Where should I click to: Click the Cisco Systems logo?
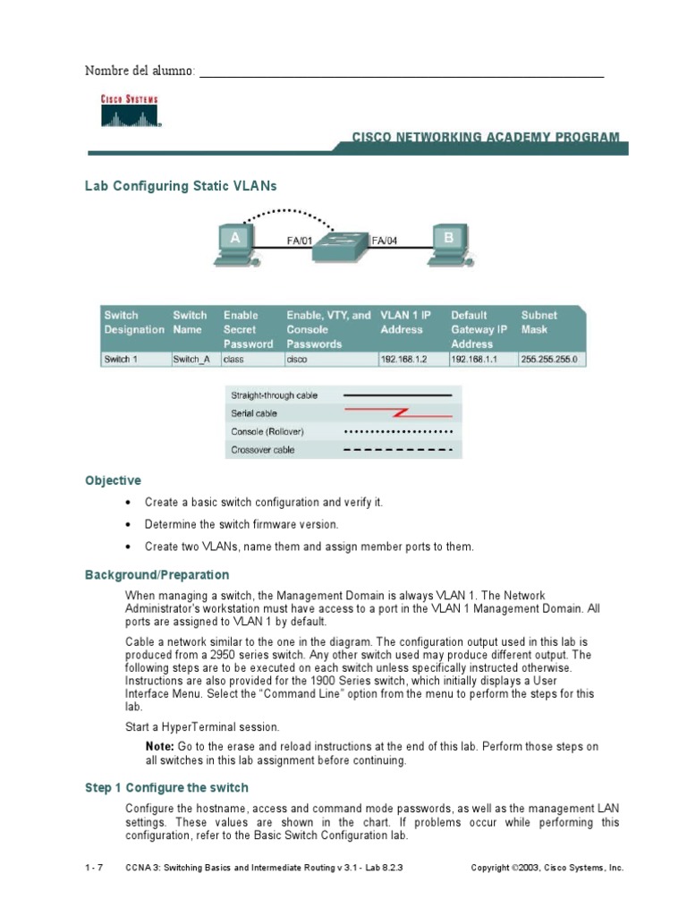[x=129, y=112]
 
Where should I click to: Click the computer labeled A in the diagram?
[x=234, y=244]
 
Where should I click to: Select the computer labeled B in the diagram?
[x=448, y=244]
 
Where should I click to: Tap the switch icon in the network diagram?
[x=340, y=242]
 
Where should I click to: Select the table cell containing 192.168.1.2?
[x=403, y=360]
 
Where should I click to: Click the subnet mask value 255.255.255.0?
[x=549, y=360]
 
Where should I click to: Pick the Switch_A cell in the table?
[x=191, y=360]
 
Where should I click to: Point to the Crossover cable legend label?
[x=262, y=450]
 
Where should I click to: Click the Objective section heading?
[x=113, y=480]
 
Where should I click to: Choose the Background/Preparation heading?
[x=157, y=574]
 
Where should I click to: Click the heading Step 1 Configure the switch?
[x=166, y=787]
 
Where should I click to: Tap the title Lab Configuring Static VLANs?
[x=181, y=186]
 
